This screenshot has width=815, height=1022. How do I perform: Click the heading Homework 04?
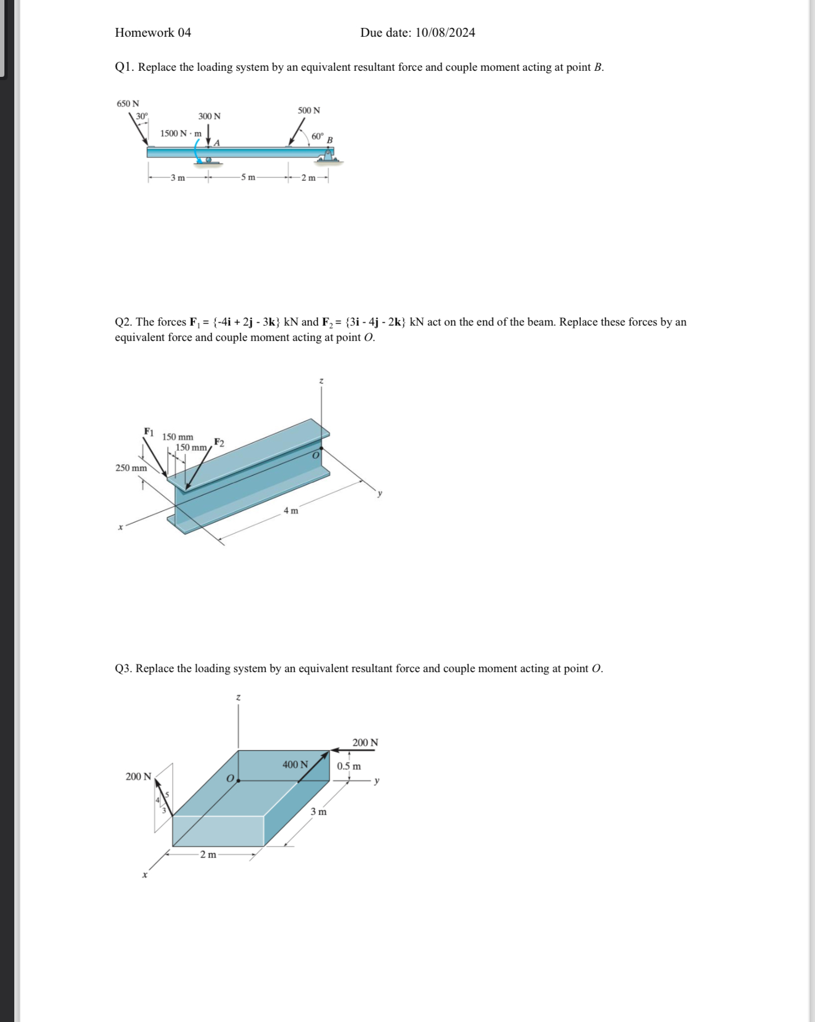(153, 32)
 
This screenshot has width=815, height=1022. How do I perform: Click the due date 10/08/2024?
(445, 32)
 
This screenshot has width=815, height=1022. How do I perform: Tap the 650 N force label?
(127, 103)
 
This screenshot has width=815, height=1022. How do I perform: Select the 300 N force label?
(209, 116)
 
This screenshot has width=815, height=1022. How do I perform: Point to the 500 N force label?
(309, 110)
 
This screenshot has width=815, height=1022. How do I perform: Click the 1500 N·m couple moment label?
(181, 133)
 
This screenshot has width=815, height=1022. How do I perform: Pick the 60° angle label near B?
(318, 136)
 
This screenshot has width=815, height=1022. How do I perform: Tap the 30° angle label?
(142, 116)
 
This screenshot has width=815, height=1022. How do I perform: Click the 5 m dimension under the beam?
(248, 177)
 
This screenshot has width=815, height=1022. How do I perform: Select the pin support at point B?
(328, 156)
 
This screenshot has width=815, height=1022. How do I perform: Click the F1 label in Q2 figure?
(149, 431)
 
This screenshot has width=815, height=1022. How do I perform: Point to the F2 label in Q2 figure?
(219, 442)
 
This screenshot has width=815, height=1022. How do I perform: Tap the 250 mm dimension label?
(131, 468)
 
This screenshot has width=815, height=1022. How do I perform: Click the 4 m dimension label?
(291, 510)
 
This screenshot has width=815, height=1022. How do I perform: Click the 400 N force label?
(295, 764)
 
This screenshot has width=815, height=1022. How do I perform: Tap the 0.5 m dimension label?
(349, 766)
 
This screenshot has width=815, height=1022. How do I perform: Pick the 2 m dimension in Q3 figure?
(208, 854)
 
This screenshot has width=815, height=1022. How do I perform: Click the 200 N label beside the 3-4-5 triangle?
(138, 776)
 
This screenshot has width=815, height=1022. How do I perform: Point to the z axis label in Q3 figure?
(239, 697)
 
